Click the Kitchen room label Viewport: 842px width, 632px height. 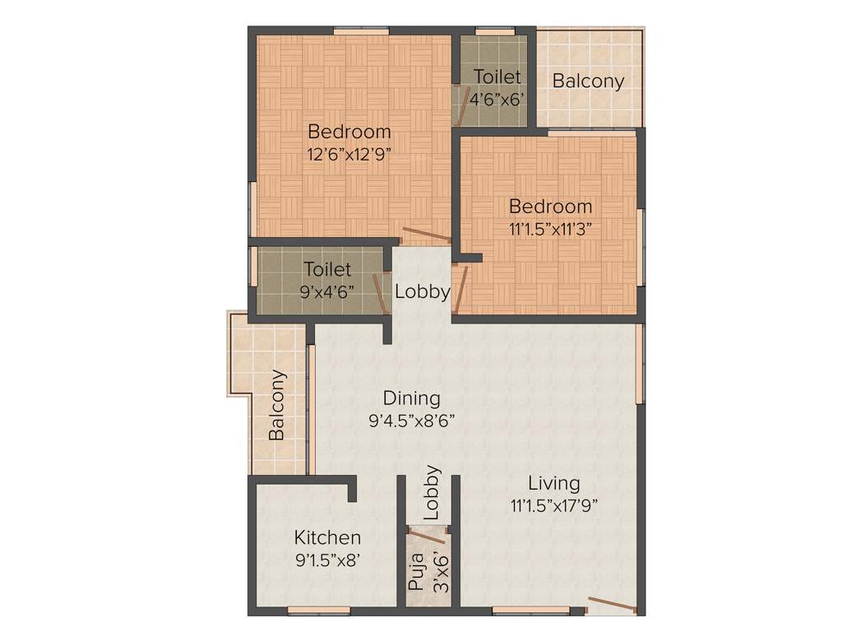(x=327, y=537)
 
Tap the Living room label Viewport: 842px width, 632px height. (x=553, y=483)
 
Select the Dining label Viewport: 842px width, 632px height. (x=412, y=398)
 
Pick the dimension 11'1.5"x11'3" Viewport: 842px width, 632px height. (x=550, y=228)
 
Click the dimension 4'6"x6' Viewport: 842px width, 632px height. (x=497, y=97)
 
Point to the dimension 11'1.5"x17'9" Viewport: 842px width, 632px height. (x=553, y=504)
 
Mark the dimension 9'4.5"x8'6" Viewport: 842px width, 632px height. (x=412, y=421)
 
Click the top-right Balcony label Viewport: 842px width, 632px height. (x=587, y=81)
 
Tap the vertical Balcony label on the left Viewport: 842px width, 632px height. (x=278, y=405)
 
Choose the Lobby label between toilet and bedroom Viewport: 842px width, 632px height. (x=422, y=291)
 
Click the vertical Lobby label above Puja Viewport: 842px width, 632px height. (x=432, y=493)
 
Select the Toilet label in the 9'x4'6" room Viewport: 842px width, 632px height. (x=327, y=269)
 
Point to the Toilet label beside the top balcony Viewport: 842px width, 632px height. (x=497, y=77)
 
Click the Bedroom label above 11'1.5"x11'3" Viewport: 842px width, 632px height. (x=550, y=206)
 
